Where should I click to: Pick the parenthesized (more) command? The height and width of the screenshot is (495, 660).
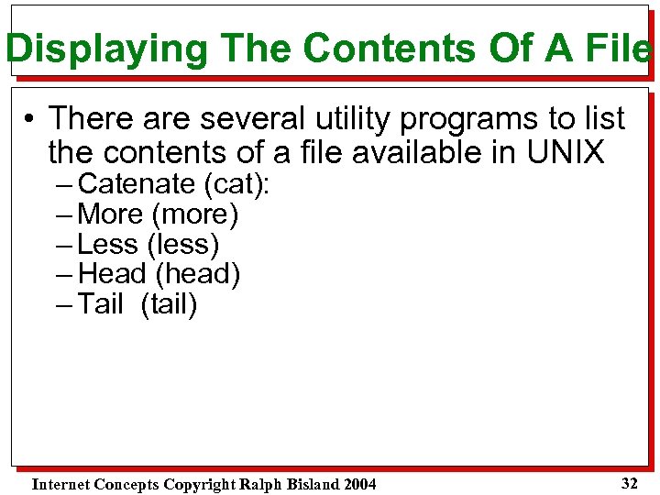[194, 214]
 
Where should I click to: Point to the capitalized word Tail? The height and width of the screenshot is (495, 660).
[101, 304]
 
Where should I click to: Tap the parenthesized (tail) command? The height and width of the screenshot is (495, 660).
[170, 304]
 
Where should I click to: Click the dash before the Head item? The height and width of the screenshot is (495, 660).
[64, 274]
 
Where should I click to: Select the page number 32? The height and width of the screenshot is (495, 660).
[629, 483]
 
